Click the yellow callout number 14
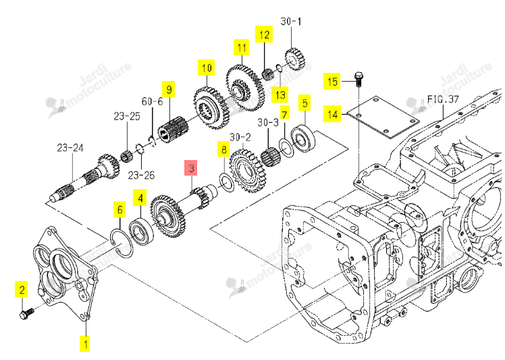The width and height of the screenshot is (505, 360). pyautogui.click(x=333, y=113)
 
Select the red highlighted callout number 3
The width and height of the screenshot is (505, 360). pyautogui.click(x=190, y=168)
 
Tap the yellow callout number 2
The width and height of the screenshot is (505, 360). pyautogui.click(x=22, y=289)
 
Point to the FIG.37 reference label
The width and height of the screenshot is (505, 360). pyautogui.click(x=443, y=99)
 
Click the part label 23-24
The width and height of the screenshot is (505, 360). pyautogui.click(x=70, y=148)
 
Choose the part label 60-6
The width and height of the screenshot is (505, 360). pyautogui.click(x=152, y=101)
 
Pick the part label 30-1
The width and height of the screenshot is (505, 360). pyautogui.click(x=291, y=21)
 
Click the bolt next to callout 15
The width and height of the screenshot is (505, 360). pyautogui.click(x=358, y=79)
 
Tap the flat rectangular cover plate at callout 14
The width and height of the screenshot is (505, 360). pyautogui.click(x=383, y=117)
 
